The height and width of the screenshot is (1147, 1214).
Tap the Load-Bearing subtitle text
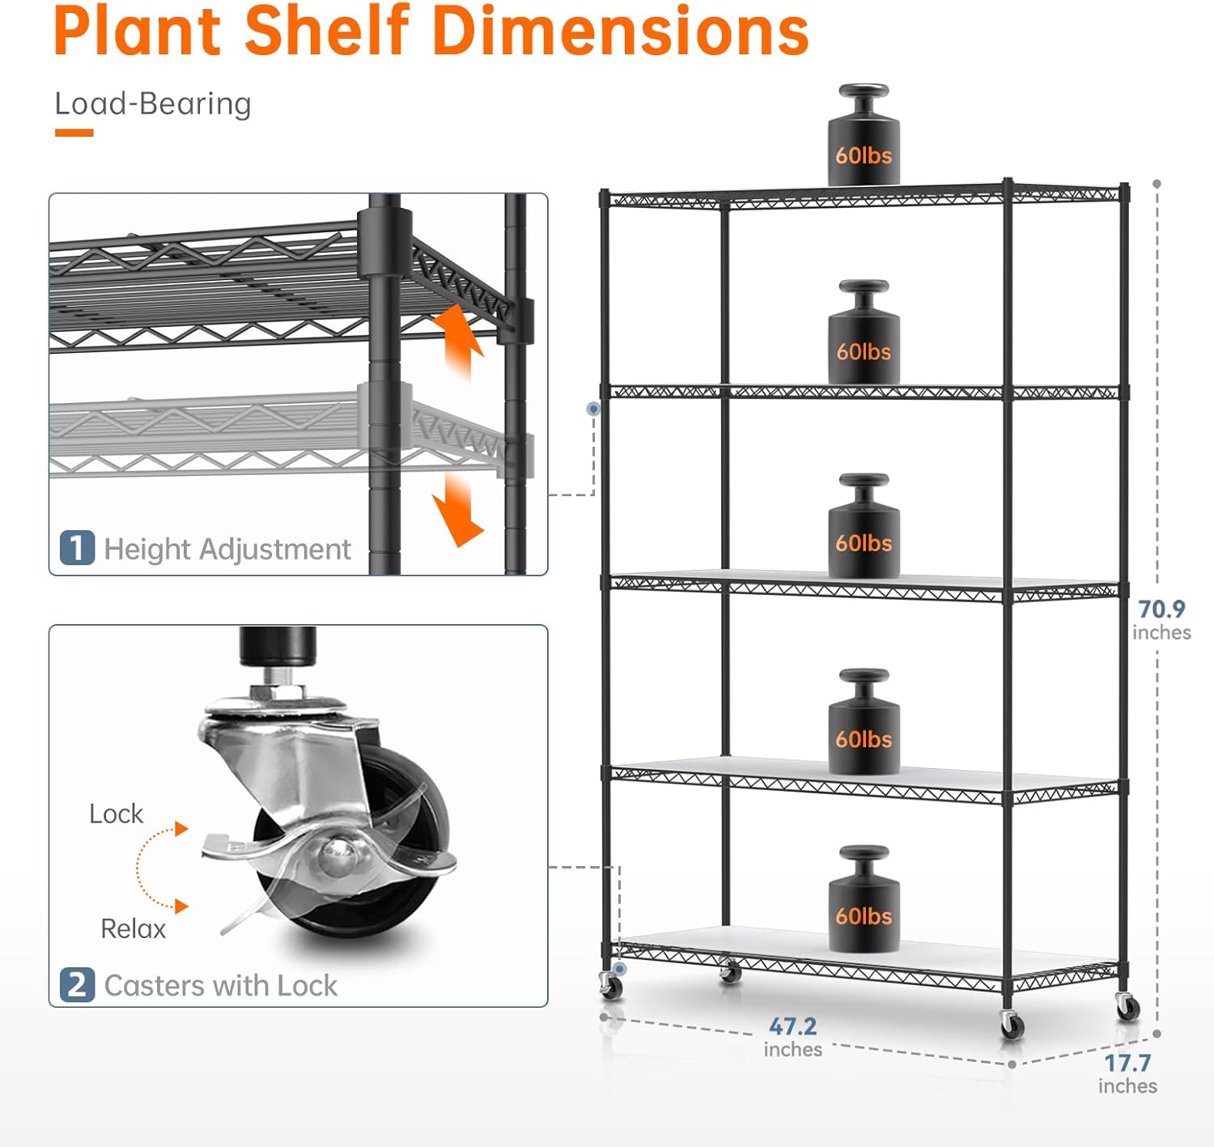click(x=153, y=104)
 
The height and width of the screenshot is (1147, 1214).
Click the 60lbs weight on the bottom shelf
click(x=864, y=898)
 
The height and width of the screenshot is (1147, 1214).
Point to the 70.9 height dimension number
click(x=1161, y=609)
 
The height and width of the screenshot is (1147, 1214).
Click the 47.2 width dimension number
click(x=793, y=1026)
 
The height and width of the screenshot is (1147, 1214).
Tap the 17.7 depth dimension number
click(x=1127, y=1064)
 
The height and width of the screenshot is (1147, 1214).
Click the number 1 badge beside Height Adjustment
click(x=77, y=548)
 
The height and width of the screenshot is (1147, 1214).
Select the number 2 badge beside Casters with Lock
click(x=77, y=985)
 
